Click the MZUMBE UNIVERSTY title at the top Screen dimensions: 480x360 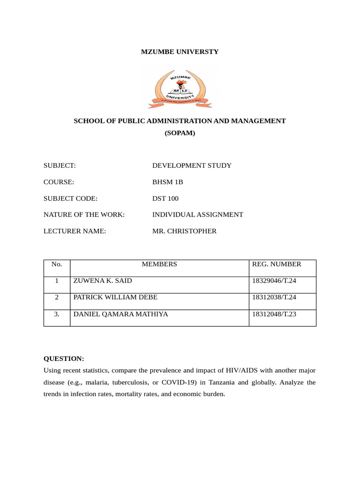[180, 52]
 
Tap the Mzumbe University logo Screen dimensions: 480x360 [180, 86]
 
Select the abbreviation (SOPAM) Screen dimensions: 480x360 [180, 133]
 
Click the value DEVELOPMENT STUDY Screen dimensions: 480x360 [192, 165]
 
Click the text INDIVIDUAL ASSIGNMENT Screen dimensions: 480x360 [198, 215]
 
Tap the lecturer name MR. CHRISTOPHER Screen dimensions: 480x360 [185, 231]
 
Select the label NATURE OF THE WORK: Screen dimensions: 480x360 [84, 215]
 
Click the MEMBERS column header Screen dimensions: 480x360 [159, 264]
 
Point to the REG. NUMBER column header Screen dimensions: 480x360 [277, 264]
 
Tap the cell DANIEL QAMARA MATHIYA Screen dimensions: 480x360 [120, 314]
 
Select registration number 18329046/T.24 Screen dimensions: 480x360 [275, 281]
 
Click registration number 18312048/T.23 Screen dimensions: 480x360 [275, 314]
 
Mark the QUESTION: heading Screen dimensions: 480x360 [64, 359]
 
